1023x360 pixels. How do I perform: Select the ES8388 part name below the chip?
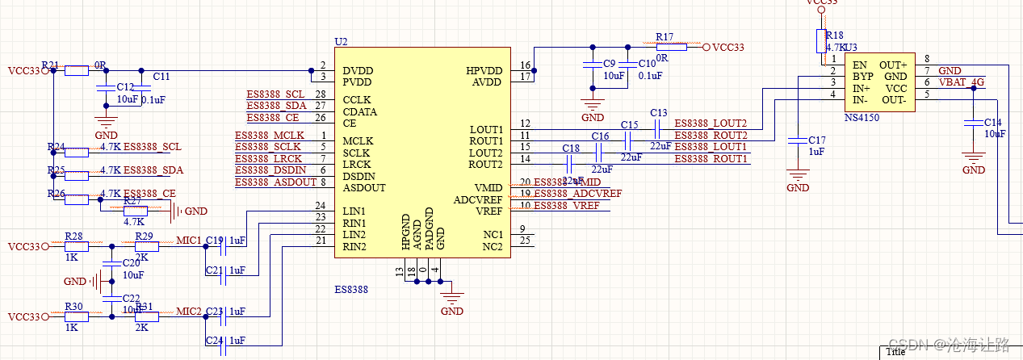click(351, 288)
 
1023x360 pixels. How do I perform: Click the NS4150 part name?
click(862, 118)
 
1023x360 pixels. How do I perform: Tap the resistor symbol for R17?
click(669, 48)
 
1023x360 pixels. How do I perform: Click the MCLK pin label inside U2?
click(358, 140)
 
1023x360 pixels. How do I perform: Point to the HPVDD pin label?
click(484, 71)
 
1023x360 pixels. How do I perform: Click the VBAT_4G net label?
click(961, 82)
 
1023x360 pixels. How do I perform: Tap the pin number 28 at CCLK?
click(321, 94)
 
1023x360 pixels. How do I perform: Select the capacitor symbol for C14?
click(974, 123)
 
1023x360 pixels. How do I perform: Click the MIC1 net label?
click(188, 241)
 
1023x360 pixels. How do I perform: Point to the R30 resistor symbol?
click(76, 317)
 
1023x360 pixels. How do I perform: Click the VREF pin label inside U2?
click(488, 211)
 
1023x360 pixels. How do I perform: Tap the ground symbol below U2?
click(452, 298)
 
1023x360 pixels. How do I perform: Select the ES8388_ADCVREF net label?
click(577, 194)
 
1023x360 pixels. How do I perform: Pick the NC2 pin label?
click(492, 246)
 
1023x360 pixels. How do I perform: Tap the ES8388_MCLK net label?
click(270, 135)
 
